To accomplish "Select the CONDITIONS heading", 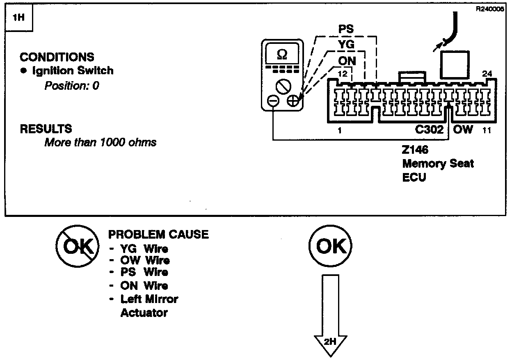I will click(x=57, y=57).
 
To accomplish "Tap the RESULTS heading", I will click(x=46, y=129).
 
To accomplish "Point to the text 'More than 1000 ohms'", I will click(x=101, y=143).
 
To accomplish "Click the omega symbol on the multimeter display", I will click(x=282, y=54).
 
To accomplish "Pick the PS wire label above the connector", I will click(x=346, y=30).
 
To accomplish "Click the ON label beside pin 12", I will click(x=347, y=60).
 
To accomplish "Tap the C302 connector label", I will click(x=429, y=130).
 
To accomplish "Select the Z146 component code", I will click(x=416, y=150).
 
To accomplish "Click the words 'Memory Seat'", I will click(x=438, y=164).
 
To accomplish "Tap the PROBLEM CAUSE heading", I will click(x=158, y=235).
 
